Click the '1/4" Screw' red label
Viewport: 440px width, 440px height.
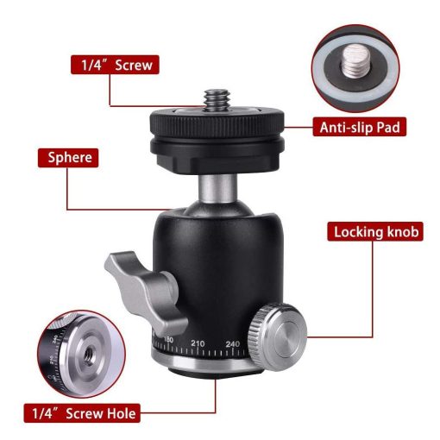coord(115,65)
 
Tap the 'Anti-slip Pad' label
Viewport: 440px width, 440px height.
coord(360,127)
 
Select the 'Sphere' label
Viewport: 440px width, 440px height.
coord(68,158)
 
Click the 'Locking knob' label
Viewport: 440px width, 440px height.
coord(375,231)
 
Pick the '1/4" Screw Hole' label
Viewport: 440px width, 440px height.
coord(82,413)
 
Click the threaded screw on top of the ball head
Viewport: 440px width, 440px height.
coord(217,100)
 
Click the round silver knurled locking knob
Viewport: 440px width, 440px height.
coord(278,336)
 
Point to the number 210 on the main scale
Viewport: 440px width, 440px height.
coord(198,343)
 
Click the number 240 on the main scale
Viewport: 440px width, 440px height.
coord(233,344)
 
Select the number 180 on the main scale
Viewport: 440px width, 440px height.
coord(168,340)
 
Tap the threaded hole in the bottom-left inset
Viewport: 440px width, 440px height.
coord(88,355)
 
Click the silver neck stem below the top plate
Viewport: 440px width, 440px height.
coord(217,188)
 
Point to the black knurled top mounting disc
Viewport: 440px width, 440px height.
coord(217,123)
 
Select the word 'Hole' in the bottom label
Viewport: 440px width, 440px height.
coord(121,413)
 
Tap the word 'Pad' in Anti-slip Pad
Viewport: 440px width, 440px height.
coord(388,127)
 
